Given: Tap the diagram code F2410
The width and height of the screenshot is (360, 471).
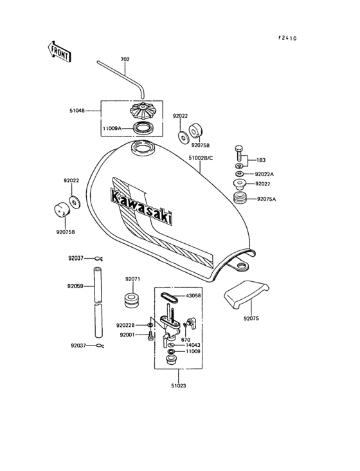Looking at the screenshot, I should click(287, 38).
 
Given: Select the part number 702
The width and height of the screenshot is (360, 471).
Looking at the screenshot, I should click(125, 59).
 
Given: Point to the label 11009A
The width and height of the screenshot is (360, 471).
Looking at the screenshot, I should click(113, 128).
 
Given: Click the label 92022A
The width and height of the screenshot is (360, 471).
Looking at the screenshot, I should click(264, 174).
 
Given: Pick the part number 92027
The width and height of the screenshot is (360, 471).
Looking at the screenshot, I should click(263, 184).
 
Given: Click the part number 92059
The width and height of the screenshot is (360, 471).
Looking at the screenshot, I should click(76, 286).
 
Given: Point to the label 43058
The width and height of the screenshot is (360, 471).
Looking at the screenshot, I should click(194, 296).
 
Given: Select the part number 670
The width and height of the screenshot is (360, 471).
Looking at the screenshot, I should click(186, 339).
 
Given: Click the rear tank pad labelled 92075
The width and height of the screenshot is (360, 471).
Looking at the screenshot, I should click(246, 296).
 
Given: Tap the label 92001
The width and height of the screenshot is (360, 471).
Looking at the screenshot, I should click(127, 335).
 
